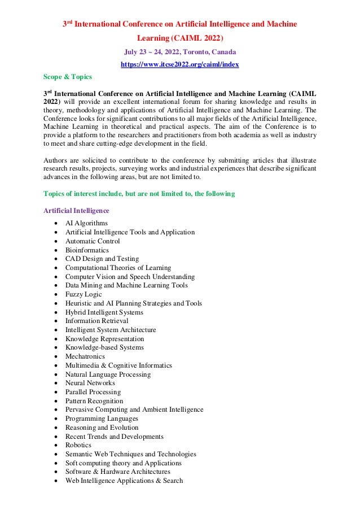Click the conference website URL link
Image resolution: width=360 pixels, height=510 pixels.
click(180, 64)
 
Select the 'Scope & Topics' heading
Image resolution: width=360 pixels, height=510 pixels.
click(68, 76)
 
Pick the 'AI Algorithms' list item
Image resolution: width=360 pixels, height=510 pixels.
click(86, 224)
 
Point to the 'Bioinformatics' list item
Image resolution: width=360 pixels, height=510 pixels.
click(87, 250)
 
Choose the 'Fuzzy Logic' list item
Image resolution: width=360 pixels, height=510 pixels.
click(84, 294)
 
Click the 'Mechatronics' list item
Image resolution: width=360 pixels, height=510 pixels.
click(85, 356)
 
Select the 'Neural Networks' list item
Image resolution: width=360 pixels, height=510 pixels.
click(90, 383)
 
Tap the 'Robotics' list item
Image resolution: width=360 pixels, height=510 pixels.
click(78, 445)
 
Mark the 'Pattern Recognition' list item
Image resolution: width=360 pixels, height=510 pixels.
click(94, 401)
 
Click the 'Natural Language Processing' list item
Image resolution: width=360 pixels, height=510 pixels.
click(108, 374)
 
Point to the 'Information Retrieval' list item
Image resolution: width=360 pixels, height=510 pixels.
click(96, 321)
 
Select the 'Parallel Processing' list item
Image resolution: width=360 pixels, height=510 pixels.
click(93, 392)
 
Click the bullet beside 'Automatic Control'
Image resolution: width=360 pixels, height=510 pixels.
click(55, 241)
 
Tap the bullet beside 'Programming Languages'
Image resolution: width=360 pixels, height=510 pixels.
click(55, 419)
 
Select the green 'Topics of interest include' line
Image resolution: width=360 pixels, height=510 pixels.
click(139, 194)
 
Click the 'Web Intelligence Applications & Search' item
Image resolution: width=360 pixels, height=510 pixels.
click(124, 481)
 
